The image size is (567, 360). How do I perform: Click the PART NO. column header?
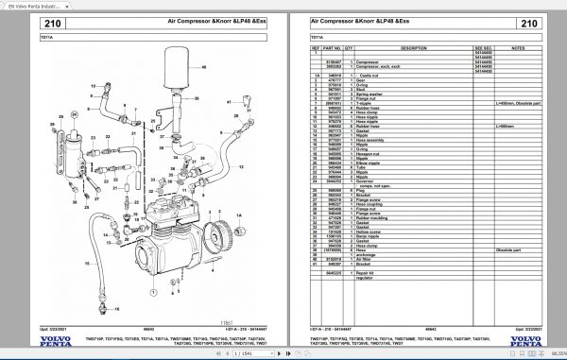333,45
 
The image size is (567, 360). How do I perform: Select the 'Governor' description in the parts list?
365,180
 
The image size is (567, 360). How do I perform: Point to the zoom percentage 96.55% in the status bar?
553,353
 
